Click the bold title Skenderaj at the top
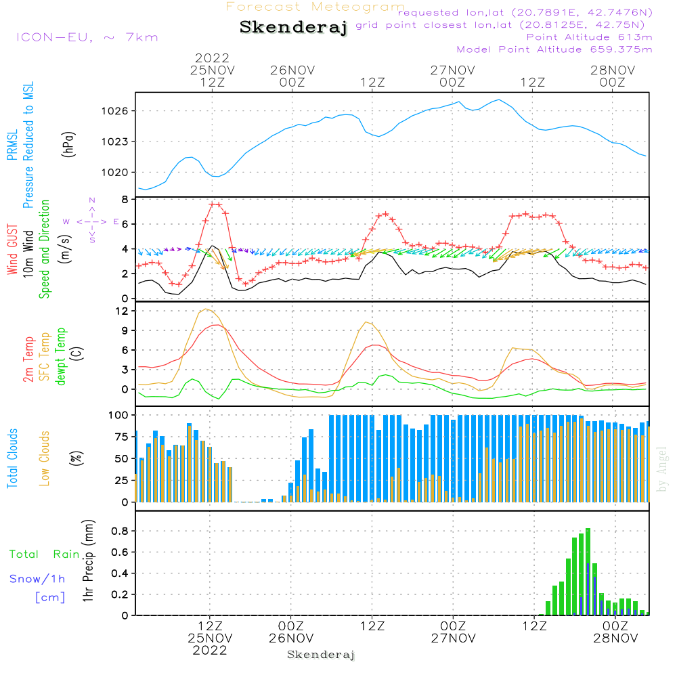click(x=294, y=28)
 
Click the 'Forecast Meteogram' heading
click(x=315, y=7)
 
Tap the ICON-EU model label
click(x=87, y=37)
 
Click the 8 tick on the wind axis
click(x=125, y=200)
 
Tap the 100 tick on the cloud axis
click(x=119, y=414)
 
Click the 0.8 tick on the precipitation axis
click(x=121, y=531)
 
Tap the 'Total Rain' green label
click(x=44, y=554)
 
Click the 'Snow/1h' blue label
click(x=37, y=579)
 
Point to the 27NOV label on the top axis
click(x=452, y=70)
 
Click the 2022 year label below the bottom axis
click(x=210, y=651)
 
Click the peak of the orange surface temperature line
click(x=205, y=309)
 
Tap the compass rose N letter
click(x=92, y=200)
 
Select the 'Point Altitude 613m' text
click(x=589, y=37)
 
